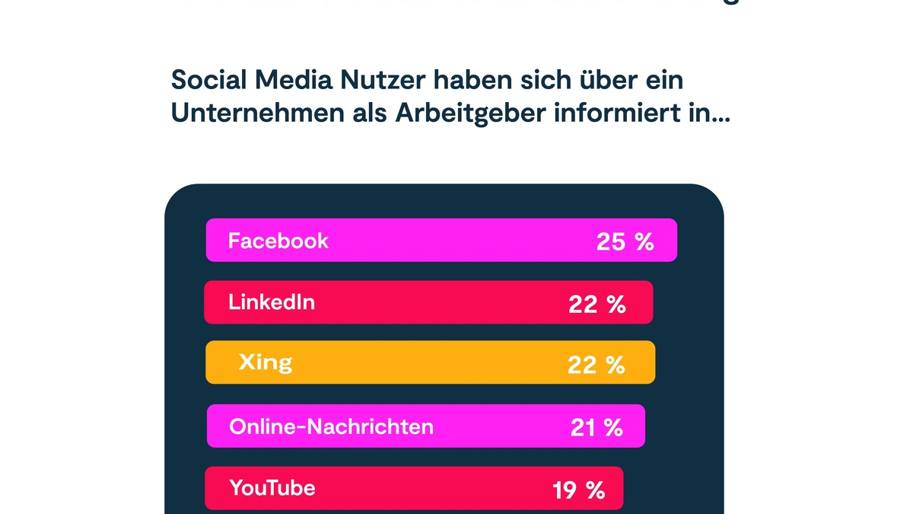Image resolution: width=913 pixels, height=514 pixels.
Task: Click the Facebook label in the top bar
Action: coord(278,241)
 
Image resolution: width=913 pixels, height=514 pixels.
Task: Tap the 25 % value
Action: coord(625,242)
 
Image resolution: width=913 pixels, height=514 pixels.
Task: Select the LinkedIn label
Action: coord(272,302)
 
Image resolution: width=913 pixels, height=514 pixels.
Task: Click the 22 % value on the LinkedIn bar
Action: coord(596,305)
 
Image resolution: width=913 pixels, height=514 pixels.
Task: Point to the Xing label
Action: coord(265,362)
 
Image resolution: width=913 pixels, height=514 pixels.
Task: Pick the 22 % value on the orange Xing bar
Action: coord(596,365)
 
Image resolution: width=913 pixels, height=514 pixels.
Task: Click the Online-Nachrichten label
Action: coord(331,426)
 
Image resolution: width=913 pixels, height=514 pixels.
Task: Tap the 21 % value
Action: coord(596,428)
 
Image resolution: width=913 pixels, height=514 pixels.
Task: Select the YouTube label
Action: coord(272,487)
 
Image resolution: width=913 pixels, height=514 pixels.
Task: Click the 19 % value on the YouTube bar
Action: coord(578,490)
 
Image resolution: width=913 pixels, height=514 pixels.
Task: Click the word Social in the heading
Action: coord(200,79)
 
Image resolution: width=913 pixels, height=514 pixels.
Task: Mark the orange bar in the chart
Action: coord(430,362)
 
